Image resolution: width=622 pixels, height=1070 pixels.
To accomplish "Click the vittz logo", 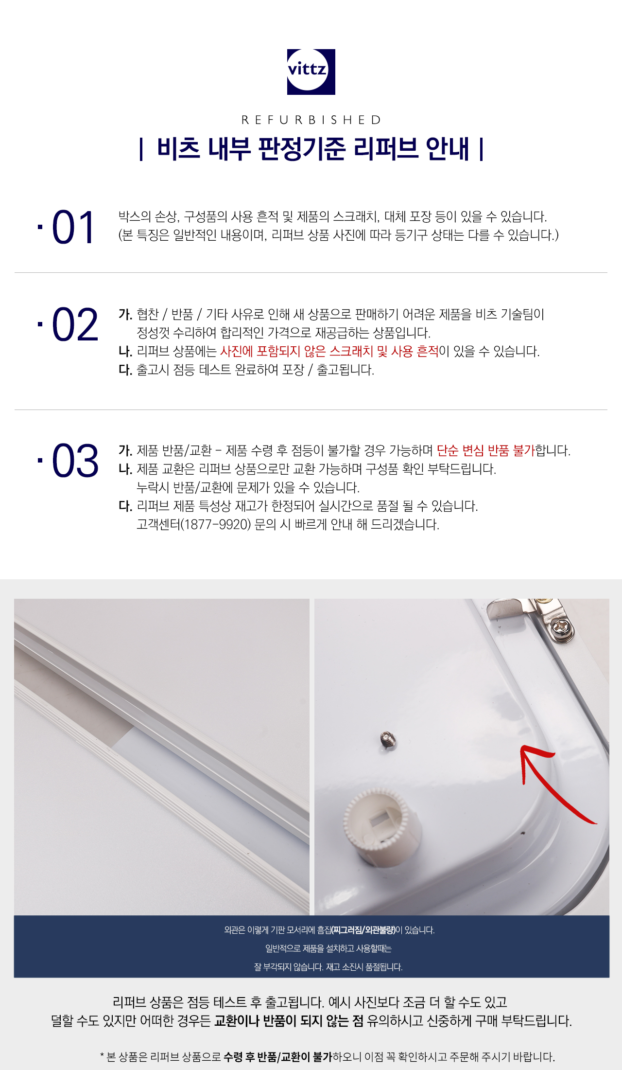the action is pyautogui.click(x=311, y=71).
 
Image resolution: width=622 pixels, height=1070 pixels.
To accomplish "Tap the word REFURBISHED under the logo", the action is pyautogui.click(x=311, y=120).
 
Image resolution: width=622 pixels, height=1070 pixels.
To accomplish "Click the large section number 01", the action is pyautogui.click(x=73, y=227).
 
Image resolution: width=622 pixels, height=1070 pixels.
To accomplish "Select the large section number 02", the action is pyautogui.click(x=75, y=324).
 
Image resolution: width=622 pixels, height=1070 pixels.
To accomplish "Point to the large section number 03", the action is pyautogui.click(x=75, y=461).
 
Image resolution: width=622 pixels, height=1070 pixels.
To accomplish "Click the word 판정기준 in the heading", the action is pyautogui.click(x=302, y=148).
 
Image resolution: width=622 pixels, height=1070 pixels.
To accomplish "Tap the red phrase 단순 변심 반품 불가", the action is pyautogui.click(x=485, y=450).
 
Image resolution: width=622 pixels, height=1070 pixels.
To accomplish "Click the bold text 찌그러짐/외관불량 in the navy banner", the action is pyautogui.click(x=363, y=930).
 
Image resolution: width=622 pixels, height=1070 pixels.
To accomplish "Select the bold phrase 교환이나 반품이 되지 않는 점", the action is pyautogui.click(x=289, y=1020).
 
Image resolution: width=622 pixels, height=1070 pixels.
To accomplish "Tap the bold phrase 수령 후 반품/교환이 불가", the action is pyautogui.click(x=277, y=1056).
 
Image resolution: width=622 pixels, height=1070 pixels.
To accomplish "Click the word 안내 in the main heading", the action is pyautogui.click(x=448, y=148).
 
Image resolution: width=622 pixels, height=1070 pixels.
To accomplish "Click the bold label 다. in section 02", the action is pyautogui.click(x=125, y=370).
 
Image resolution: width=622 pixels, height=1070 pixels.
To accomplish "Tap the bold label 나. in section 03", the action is pyautogui.click(x=125, y=469).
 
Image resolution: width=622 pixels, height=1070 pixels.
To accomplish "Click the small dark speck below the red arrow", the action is pyautogui.click(x=523, y=833).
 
